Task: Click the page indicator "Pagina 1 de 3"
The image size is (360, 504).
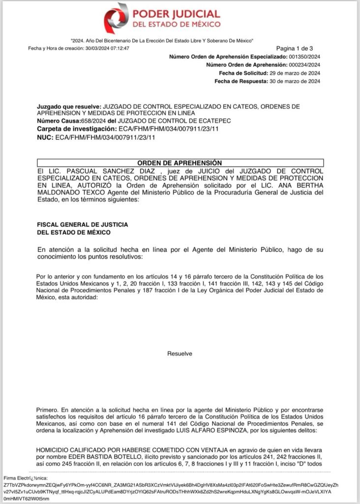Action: point(295,48)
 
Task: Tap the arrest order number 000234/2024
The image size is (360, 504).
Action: point(304,65)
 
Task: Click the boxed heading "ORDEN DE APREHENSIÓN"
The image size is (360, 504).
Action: point(179,163)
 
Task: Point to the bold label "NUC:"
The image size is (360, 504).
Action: point(45,137)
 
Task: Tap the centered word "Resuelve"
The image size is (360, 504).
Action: point(180,354)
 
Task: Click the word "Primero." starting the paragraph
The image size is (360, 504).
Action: point(47,409)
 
